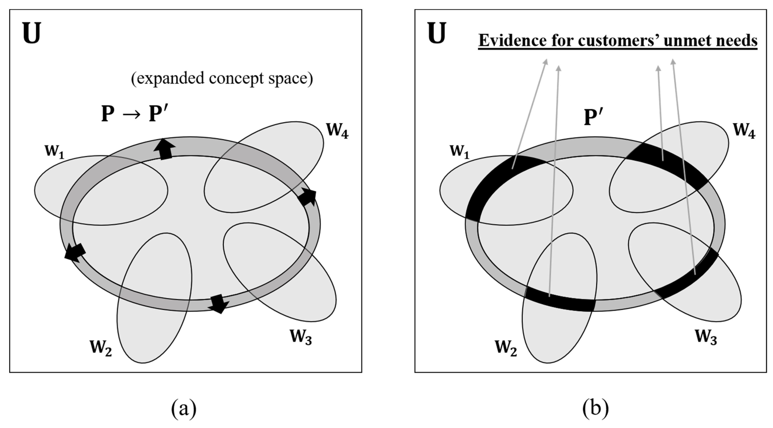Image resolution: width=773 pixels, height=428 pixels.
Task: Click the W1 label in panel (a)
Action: click(54, 151)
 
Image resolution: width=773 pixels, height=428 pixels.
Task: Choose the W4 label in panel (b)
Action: click(744, 130)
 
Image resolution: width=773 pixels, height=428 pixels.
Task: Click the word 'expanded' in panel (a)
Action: click(168, 78)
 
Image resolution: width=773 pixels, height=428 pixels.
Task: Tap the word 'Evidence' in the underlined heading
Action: click(512, 40)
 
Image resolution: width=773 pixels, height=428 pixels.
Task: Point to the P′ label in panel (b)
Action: click(593, 117)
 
